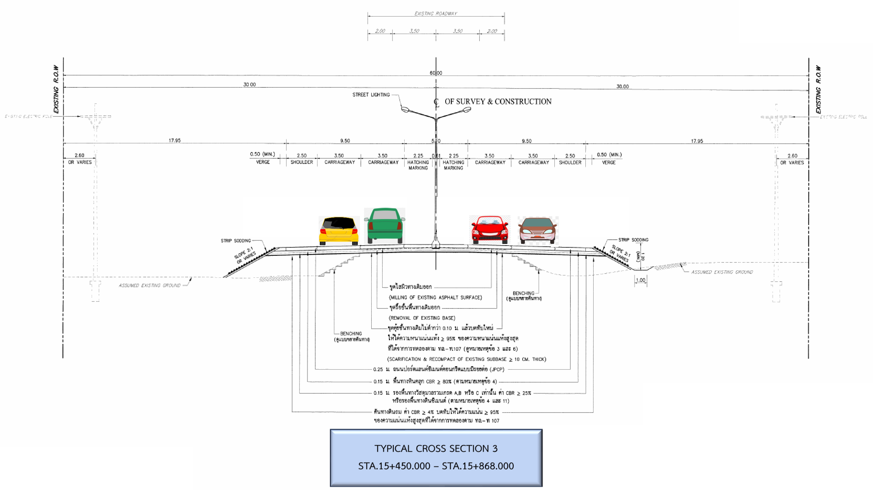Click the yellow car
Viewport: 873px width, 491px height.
click(x=339, y=231)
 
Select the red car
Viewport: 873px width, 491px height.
click(x=490, y=230)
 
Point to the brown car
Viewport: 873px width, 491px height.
click(x=538, y=230)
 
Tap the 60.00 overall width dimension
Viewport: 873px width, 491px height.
click(x=436, y=73)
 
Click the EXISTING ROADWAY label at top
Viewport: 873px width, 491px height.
click(x=436, y=14)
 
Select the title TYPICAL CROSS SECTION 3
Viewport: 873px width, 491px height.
click(x=436, y=448)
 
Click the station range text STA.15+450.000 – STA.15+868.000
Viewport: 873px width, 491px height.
click(x=436, y=466)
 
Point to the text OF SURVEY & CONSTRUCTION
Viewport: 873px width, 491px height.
click(x=498, y=102)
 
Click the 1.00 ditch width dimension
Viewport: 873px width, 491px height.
click(x=640, y=280)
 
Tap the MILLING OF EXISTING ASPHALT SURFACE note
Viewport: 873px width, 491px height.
click(x=435, y=297)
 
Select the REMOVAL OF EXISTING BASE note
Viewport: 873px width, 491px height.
click(x=422, y=318)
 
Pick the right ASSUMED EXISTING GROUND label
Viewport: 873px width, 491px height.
click(x=722, y=272)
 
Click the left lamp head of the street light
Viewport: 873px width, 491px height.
click(x=405, y=110)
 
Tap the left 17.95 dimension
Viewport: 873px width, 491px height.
click(x=175, y=140)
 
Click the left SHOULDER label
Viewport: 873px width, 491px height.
click(x=302, y=162)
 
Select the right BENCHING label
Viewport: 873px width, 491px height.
click(x=523, y=293)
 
